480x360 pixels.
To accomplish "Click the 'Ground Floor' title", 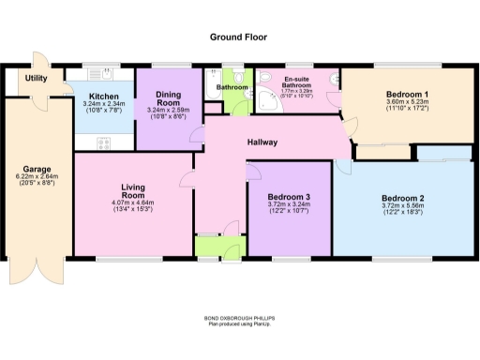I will click(x=238, y=37).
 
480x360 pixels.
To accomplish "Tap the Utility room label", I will click(x=37, y=79).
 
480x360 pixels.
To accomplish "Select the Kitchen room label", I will click(x=103, y=96).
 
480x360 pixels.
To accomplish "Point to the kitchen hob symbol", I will click(x=102, y=142).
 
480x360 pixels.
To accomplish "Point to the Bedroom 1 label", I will click(x=408, y=95).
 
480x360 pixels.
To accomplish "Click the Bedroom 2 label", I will click(x=402, y=199).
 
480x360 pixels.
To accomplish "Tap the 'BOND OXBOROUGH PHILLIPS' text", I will click(x=238, y=318).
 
